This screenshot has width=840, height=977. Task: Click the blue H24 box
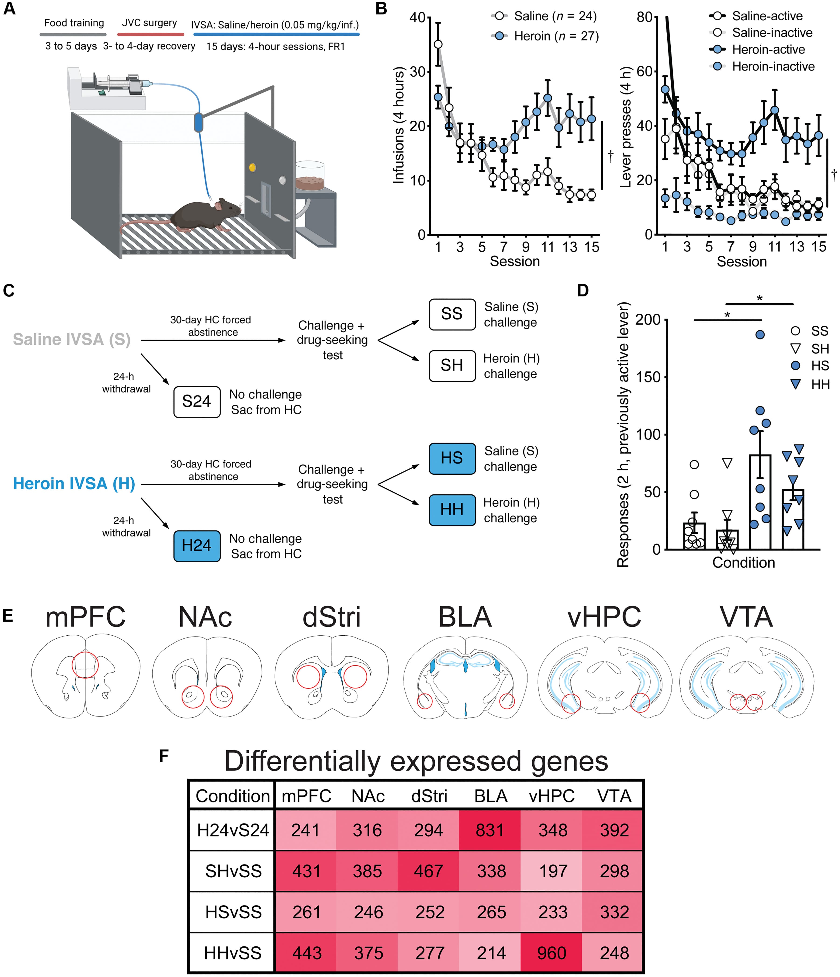(196, 546)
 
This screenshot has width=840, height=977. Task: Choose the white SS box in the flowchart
(451, 314)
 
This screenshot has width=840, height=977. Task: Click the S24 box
(196, 402)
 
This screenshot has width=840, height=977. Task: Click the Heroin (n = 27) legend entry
(547, 36)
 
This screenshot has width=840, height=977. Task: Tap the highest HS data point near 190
(760, 335)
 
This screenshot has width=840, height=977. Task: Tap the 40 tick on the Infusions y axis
(418, 18)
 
